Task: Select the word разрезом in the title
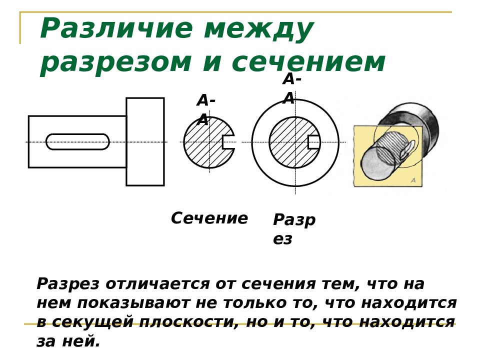(x=115, y=63)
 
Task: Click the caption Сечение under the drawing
(x=209, y=218)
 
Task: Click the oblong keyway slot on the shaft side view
(x=78, y=141)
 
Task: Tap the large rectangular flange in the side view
(x=145, y=141)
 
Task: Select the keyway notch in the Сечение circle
(x=228, y=142)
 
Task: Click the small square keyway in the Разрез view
(x=314, y=142)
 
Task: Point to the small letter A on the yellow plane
(x=413, y=180)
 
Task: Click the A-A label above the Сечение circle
(x=205, y=110)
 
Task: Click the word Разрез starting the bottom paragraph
(x=68, y=284)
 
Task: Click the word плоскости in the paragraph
(x=188, y=322)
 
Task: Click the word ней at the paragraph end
(x=81, y=341)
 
